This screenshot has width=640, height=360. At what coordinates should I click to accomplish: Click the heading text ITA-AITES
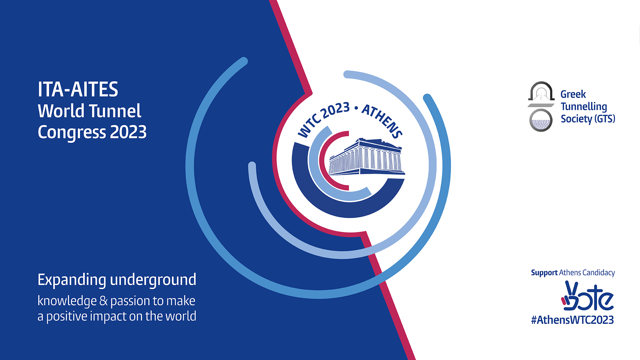coord(78,89)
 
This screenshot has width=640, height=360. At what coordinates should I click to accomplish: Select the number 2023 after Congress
coord(128,132)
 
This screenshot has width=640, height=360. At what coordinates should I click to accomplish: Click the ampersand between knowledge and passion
coord(104,301)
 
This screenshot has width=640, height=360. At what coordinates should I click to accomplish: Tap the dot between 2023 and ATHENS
coord(356,108)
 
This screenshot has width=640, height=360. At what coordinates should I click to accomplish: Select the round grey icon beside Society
coord(541,120)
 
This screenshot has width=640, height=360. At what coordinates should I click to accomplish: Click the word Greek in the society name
coord(573,94)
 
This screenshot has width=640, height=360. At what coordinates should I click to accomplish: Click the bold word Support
coord(544,273)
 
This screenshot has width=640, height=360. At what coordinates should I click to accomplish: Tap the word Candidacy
coord(599,273)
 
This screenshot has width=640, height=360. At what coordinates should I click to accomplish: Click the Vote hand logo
coord(587,296)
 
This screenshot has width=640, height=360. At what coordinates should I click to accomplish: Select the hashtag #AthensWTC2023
coord(572,320)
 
